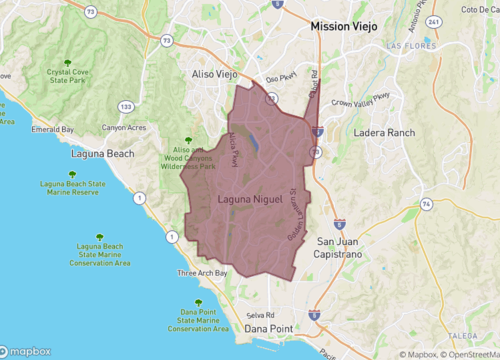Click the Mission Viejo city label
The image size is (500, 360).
[x=347, y=27]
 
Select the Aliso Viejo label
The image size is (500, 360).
[x=212, y=74]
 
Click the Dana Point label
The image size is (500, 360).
[x=270, y=327]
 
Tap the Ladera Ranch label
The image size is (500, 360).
[x=383, y=132]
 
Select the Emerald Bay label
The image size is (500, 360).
[x=53, y=129]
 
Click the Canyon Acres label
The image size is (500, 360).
[x=125, y=127]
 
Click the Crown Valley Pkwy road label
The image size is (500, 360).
[x=361, y=100]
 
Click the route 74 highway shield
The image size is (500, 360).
[x=427, y=203]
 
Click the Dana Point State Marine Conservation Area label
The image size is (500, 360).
[x=198, y=318]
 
